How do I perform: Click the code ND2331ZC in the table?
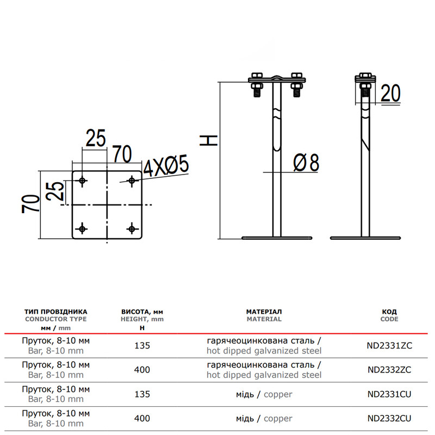(x=389, y=345)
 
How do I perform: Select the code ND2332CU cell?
(x=389, y=418)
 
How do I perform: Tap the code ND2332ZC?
(x=389, y=370)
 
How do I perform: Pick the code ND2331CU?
(x=389, y=394)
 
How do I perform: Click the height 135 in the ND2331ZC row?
(x=142, y=345)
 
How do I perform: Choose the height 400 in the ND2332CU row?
(x=142, y=418)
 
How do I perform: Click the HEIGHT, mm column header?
(x=142, y=319)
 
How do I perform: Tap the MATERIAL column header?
(x=264, y=319)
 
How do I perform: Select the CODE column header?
(x=389, y=319)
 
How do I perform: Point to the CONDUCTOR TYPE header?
(x=56, y=319)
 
